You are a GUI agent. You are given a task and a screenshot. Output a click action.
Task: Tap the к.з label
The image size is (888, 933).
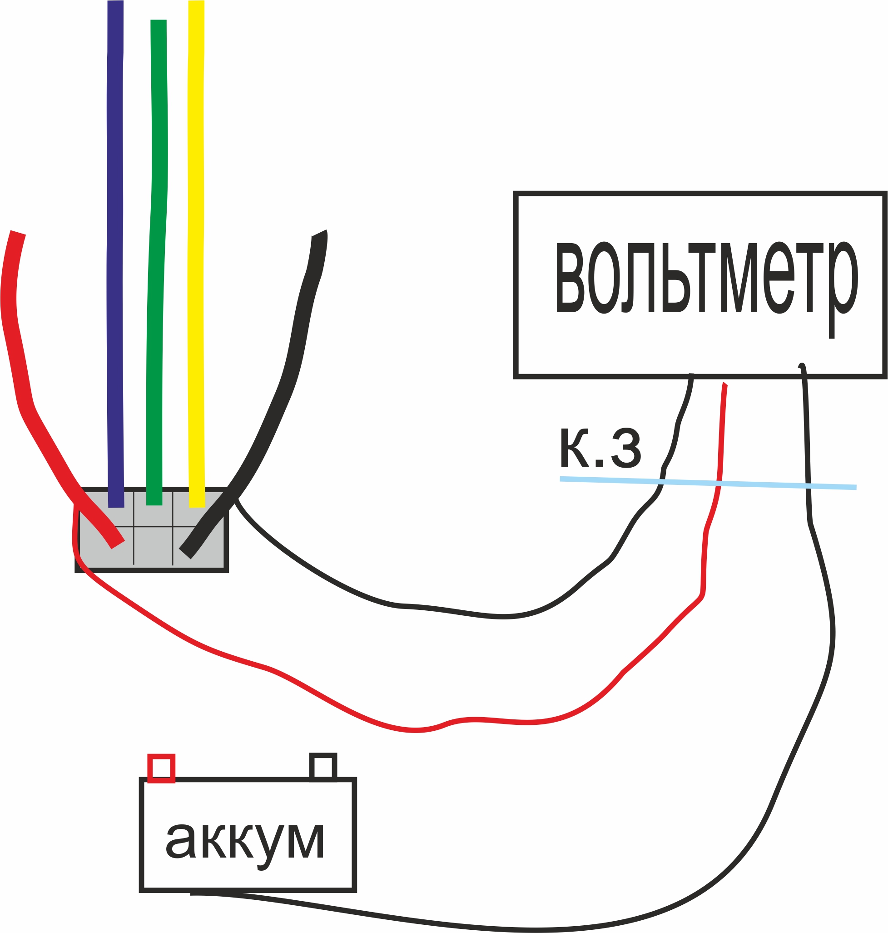600,448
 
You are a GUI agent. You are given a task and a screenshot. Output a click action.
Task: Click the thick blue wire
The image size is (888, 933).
115,237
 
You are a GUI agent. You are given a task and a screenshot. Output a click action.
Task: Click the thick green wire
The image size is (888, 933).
157,237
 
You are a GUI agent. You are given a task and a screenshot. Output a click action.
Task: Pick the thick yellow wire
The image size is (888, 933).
196,237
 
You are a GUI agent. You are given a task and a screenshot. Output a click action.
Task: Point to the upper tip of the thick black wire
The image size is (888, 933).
319,234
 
